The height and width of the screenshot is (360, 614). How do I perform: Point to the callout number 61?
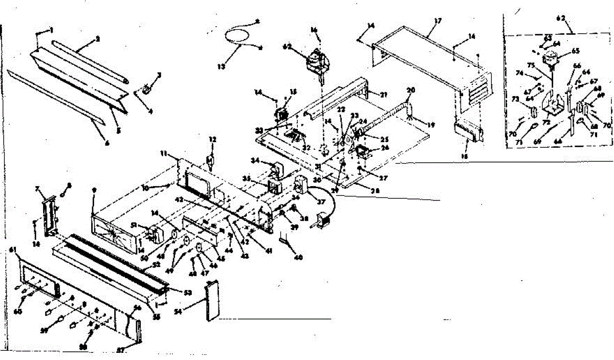tap(13, 250)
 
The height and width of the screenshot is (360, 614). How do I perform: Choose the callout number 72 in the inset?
tap(547, 123)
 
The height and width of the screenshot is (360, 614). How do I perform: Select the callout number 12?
tap(212, 139)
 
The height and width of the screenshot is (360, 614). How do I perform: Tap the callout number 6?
tap(107, 129)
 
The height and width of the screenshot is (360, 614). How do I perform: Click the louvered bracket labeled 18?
tap(470, 132)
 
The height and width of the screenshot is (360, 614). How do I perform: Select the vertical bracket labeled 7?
tap(50, 215)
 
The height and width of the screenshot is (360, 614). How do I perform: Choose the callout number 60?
tap(18, 311)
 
